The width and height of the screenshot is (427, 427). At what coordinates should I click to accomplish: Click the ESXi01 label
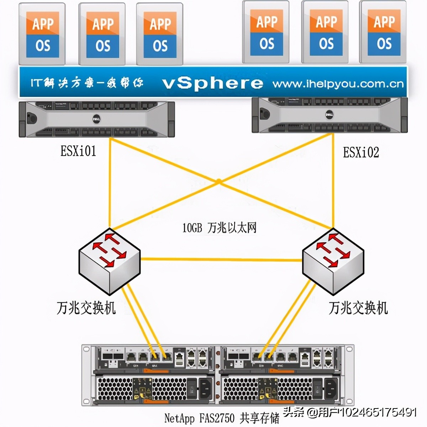tap(78, 151)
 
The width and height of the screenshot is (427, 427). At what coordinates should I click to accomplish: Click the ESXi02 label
tap(360, 152)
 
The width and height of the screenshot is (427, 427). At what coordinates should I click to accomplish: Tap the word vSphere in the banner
tap(212, 83)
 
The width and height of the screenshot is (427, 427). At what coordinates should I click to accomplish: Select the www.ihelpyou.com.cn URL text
tap(338, 84)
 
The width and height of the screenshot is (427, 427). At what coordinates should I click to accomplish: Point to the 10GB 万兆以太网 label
tap(219, 227)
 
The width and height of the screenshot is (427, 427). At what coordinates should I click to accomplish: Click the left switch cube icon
tap(110, 262)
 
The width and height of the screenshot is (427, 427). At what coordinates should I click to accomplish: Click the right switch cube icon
tap(333, 262)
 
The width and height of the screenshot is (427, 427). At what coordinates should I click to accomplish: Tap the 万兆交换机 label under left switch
tap(86, 308)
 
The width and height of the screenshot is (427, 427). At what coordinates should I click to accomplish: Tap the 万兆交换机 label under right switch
tap(358, 308)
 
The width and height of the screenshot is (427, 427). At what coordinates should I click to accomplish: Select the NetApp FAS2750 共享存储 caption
tap(222, 418)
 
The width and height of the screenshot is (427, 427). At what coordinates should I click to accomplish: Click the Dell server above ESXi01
tap(96, 119)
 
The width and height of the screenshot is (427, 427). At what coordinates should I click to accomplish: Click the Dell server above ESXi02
tap(330, 115)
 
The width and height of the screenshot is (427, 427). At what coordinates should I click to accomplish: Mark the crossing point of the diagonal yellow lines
tap(219, 182)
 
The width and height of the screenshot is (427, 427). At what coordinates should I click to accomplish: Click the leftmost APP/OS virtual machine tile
tap(42, 34)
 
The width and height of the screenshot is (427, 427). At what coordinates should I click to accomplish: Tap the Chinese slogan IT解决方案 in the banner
tap(87, 83)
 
